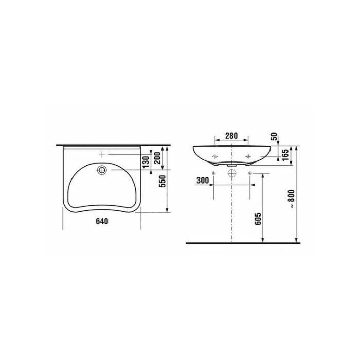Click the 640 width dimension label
102,221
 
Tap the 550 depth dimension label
163,181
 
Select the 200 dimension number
157,158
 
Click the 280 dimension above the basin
231,136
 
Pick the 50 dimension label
274,137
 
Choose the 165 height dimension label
285,155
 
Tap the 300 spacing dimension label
203,180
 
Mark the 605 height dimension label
258,219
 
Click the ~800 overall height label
291,199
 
